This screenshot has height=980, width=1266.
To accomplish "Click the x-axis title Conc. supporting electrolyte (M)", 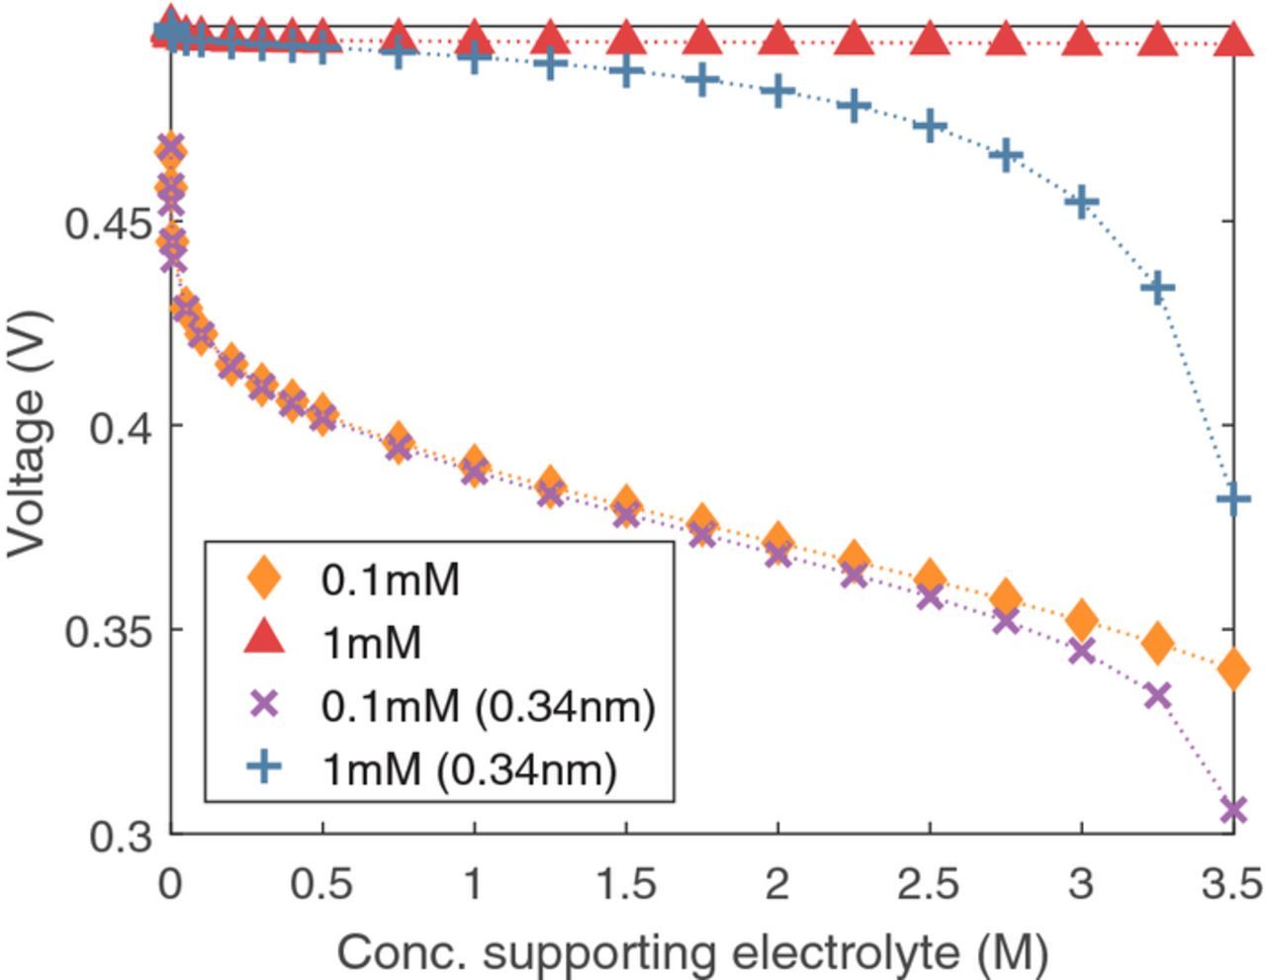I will [x=691, y=953].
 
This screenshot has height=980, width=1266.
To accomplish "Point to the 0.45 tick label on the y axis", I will [x=109, y=223].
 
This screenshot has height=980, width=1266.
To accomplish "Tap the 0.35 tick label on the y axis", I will [x=109, y=631].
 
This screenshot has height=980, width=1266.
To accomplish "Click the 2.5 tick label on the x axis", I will [x=928, y=883].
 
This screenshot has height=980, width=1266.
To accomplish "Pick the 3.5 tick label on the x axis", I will [x=1231, y=883].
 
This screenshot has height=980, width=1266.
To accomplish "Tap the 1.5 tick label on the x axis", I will [x=625, y=883].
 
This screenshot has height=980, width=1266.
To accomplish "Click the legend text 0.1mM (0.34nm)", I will [x=488, y=705].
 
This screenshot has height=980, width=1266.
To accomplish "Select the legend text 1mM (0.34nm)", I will [x=469, y=768].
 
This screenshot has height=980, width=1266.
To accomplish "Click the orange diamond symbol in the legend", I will [x=263, y=578].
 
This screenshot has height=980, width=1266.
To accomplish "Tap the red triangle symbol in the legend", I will [x=263, y=639].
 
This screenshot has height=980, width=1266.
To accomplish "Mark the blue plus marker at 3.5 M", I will [x=1232, y=499].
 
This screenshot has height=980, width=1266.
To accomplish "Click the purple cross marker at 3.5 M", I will [x=1232, y=810].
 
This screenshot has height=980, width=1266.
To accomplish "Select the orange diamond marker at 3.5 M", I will [x=1232, y=669].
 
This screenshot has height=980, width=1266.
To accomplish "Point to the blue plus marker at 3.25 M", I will [x=1157, y=289].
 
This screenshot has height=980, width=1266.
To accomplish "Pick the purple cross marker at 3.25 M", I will [x=1157, y=696].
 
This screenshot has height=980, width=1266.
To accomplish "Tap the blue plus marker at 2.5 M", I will [x=930, y=127].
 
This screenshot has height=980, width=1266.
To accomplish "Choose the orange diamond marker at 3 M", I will [x=1082, y=620].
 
